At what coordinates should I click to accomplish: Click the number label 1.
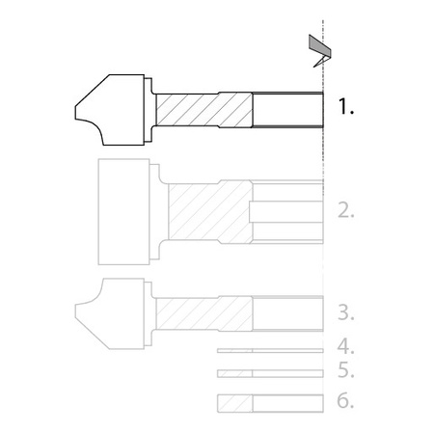click(x=346, y=106)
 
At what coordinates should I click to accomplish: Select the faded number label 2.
click(x=346, y=211)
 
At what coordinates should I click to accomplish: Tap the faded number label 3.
click(x=346, y=312)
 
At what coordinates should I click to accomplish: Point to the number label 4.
click(x=346, y=346)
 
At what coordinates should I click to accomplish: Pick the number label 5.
click(x=346, y=369)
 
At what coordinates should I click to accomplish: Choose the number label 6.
click(x=345, y=400)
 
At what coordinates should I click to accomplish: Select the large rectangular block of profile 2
click(x=123, y=211)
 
